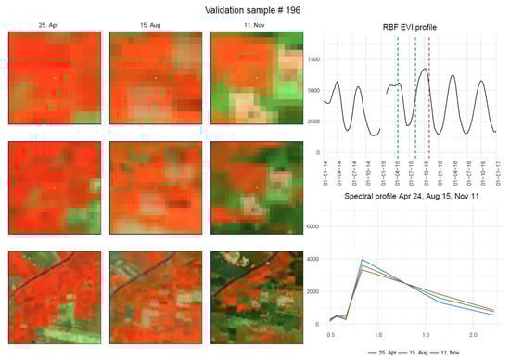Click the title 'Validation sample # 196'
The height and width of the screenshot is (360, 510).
pos(254,9)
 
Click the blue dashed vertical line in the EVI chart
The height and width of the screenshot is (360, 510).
pos(398,93)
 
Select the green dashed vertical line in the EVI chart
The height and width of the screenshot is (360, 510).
pos(415,93)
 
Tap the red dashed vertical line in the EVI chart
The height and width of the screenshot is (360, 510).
pos(429,93)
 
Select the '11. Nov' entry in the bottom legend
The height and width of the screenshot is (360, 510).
pos(455,353)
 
